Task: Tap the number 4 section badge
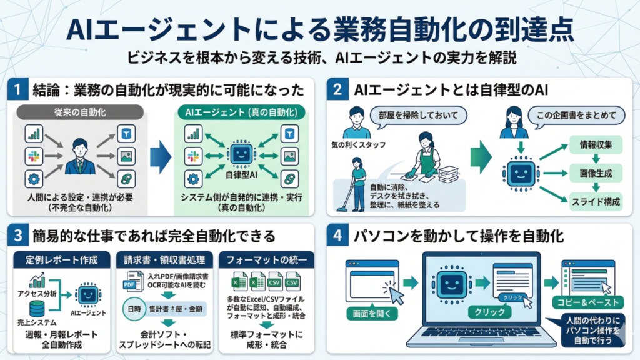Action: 337,237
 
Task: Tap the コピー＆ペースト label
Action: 583,303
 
